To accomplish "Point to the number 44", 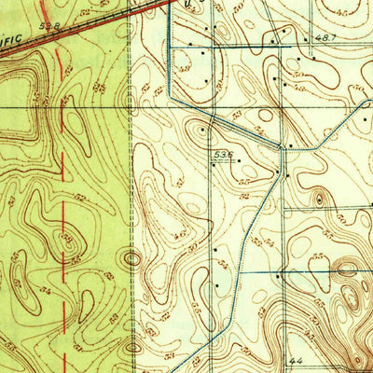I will click(297, 360).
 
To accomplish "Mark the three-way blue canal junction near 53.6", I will click(283, 149).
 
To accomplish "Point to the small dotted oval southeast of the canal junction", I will click(319, 198).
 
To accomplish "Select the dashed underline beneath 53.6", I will click(222, 159).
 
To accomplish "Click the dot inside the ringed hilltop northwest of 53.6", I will click(202, 131).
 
